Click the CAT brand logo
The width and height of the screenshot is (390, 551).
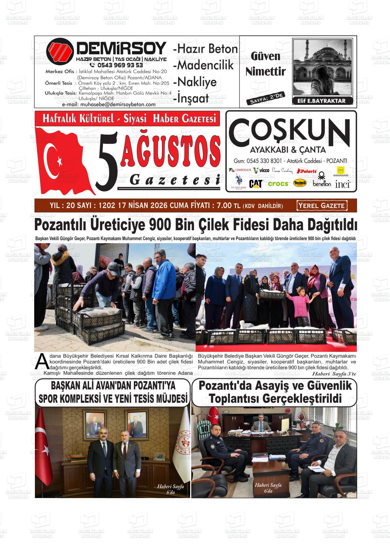(x=256, y=184)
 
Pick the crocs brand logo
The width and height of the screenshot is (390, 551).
(x=278, y=184)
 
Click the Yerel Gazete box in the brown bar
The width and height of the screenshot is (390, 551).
(x=322, y=206)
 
